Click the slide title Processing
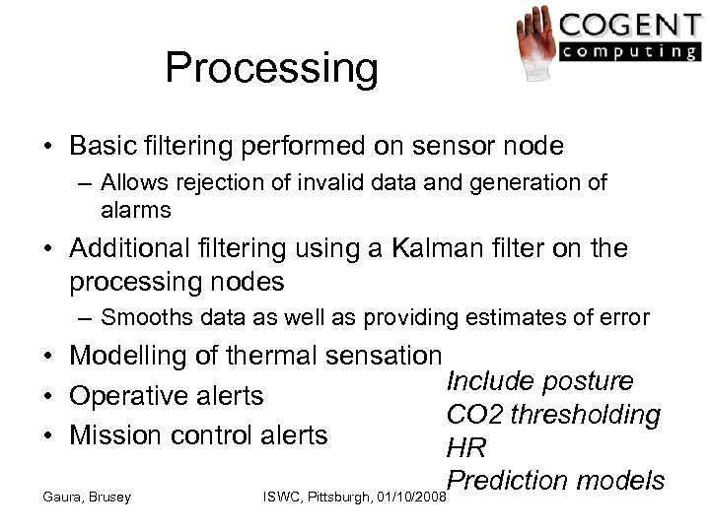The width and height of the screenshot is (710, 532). tap(271, 68)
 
